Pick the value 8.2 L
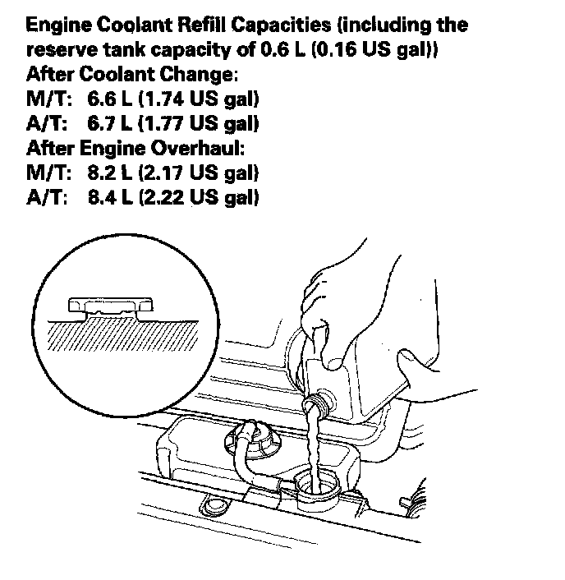tap(110, 174)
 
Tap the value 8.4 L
tap(110, 199)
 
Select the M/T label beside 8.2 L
tap(46, 174)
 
